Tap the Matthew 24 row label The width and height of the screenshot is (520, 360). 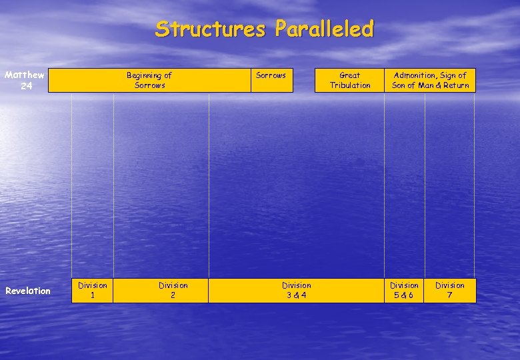pos(24,80)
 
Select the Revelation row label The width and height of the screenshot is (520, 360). pos(28,291)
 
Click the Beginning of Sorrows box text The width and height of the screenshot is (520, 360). pos(149,80)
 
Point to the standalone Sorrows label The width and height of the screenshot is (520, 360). pos(271,75)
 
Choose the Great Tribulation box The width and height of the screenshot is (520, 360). pos(350,80)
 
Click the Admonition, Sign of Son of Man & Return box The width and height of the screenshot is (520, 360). pos(430,80)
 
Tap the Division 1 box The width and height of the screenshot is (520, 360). pos(93,290)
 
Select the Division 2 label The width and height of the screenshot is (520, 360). pos(173,290)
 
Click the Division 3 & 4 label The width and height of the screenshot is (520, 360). pos(296,290)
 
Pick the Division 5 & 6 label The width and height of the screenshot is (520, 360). pos(404,290)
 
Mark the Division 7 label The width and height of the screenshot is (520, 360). pos(450,290)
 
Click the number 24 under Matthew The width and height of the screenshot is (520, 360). pos(25,86)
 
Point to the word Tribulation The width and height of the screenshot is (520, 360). pos(350,85)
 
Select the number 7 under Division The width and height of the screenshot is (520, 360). pos(450,295)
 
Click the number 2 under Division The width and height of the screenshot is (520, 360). pos(173,295)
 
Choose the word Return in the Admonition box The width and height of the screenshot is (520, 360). pos(455,85)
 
